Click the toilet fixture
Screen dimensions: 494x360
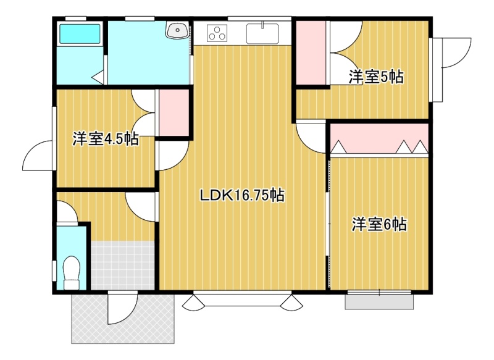pyautogui.click(x=71, y=272)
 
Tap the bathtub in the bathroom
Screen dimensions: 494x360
pyautogui.click(x=80, y=34)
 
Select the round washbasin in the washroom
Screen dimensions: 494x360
pyautogui.click(x=177, y=30)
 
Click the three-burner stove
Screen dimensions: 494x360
pyautogui.click(x=217, y=33)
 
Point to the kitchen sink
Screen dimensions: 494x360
pyautogui.click(x=262, y=33)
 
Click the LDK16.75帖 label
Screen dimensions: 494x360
pyautogui.click(x=242, y=196)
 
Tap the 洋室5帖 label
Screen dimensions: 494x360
pyautogui.click(x=376, y=77)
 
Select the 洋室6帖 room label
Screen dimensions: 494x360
pyautogui.click(x=379, y=224)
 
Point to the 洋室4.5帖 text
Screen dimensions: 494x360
pyautogui.click(x=106, y=138)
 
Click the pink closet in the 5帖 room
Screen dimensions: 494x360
pyautogui.click(x=311, y=52)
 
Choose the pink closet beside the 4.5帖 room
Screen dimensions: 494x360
pyautogui.click(x=174, y=113)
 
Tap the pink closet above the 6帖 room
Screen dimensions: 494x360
pyautogui.click(x=379, y=138)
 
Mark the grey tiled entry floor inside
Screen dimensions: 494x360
pyautogui.click(x=123, y=265)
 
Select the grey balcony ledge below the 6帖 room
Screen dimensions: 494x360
pyautogui.click(x=379, y=302)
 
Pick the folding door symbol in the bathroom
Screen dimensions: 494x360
pyautogui.click(x=98, y=77)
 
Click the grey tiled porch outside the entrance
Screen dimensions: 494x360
pyautogui.click(x=123, y=319)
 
